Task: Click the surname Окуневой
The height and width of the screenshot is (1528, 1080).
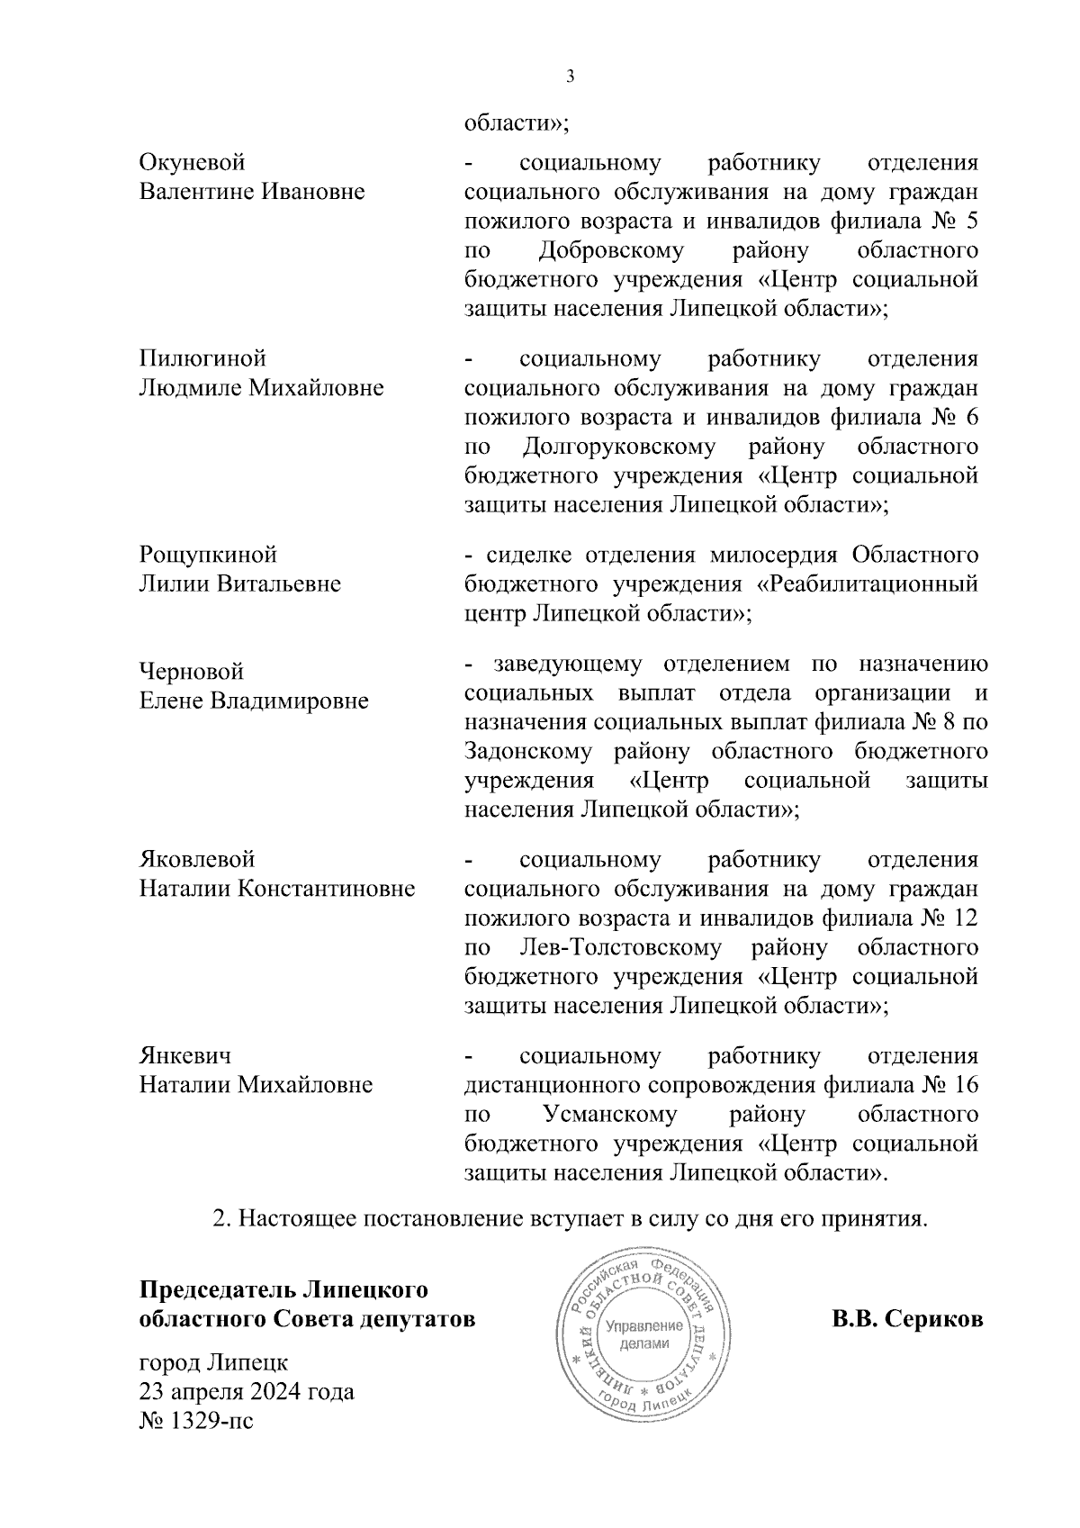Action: [x=192, y=163]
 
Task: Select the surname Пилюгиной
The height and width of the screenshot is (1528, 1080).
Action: [x=202, y=358]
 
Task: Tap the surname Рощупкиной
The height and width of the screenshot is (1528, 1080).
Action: [x=208, y=554]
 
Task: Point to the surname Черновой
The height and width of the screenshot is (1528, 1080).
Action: [x=191, y=672]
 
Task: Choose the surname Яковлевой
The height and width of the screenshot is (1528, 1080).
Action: [x=197, y=860]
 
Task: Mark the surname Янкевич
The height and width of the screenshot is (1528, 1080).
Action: [x=185, y=1055]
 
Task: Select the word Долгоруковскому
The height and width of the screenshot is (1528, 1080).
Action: [x=617, y=446]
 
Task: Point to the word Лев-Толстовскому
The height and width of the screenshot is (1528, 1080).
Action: [x=620, y=947]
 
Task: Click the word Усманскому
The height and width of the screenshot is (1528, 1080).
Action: [x=610, y=1115]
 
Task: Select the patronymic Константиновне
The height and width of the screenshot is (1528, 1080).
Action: [x=326, y=890]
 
